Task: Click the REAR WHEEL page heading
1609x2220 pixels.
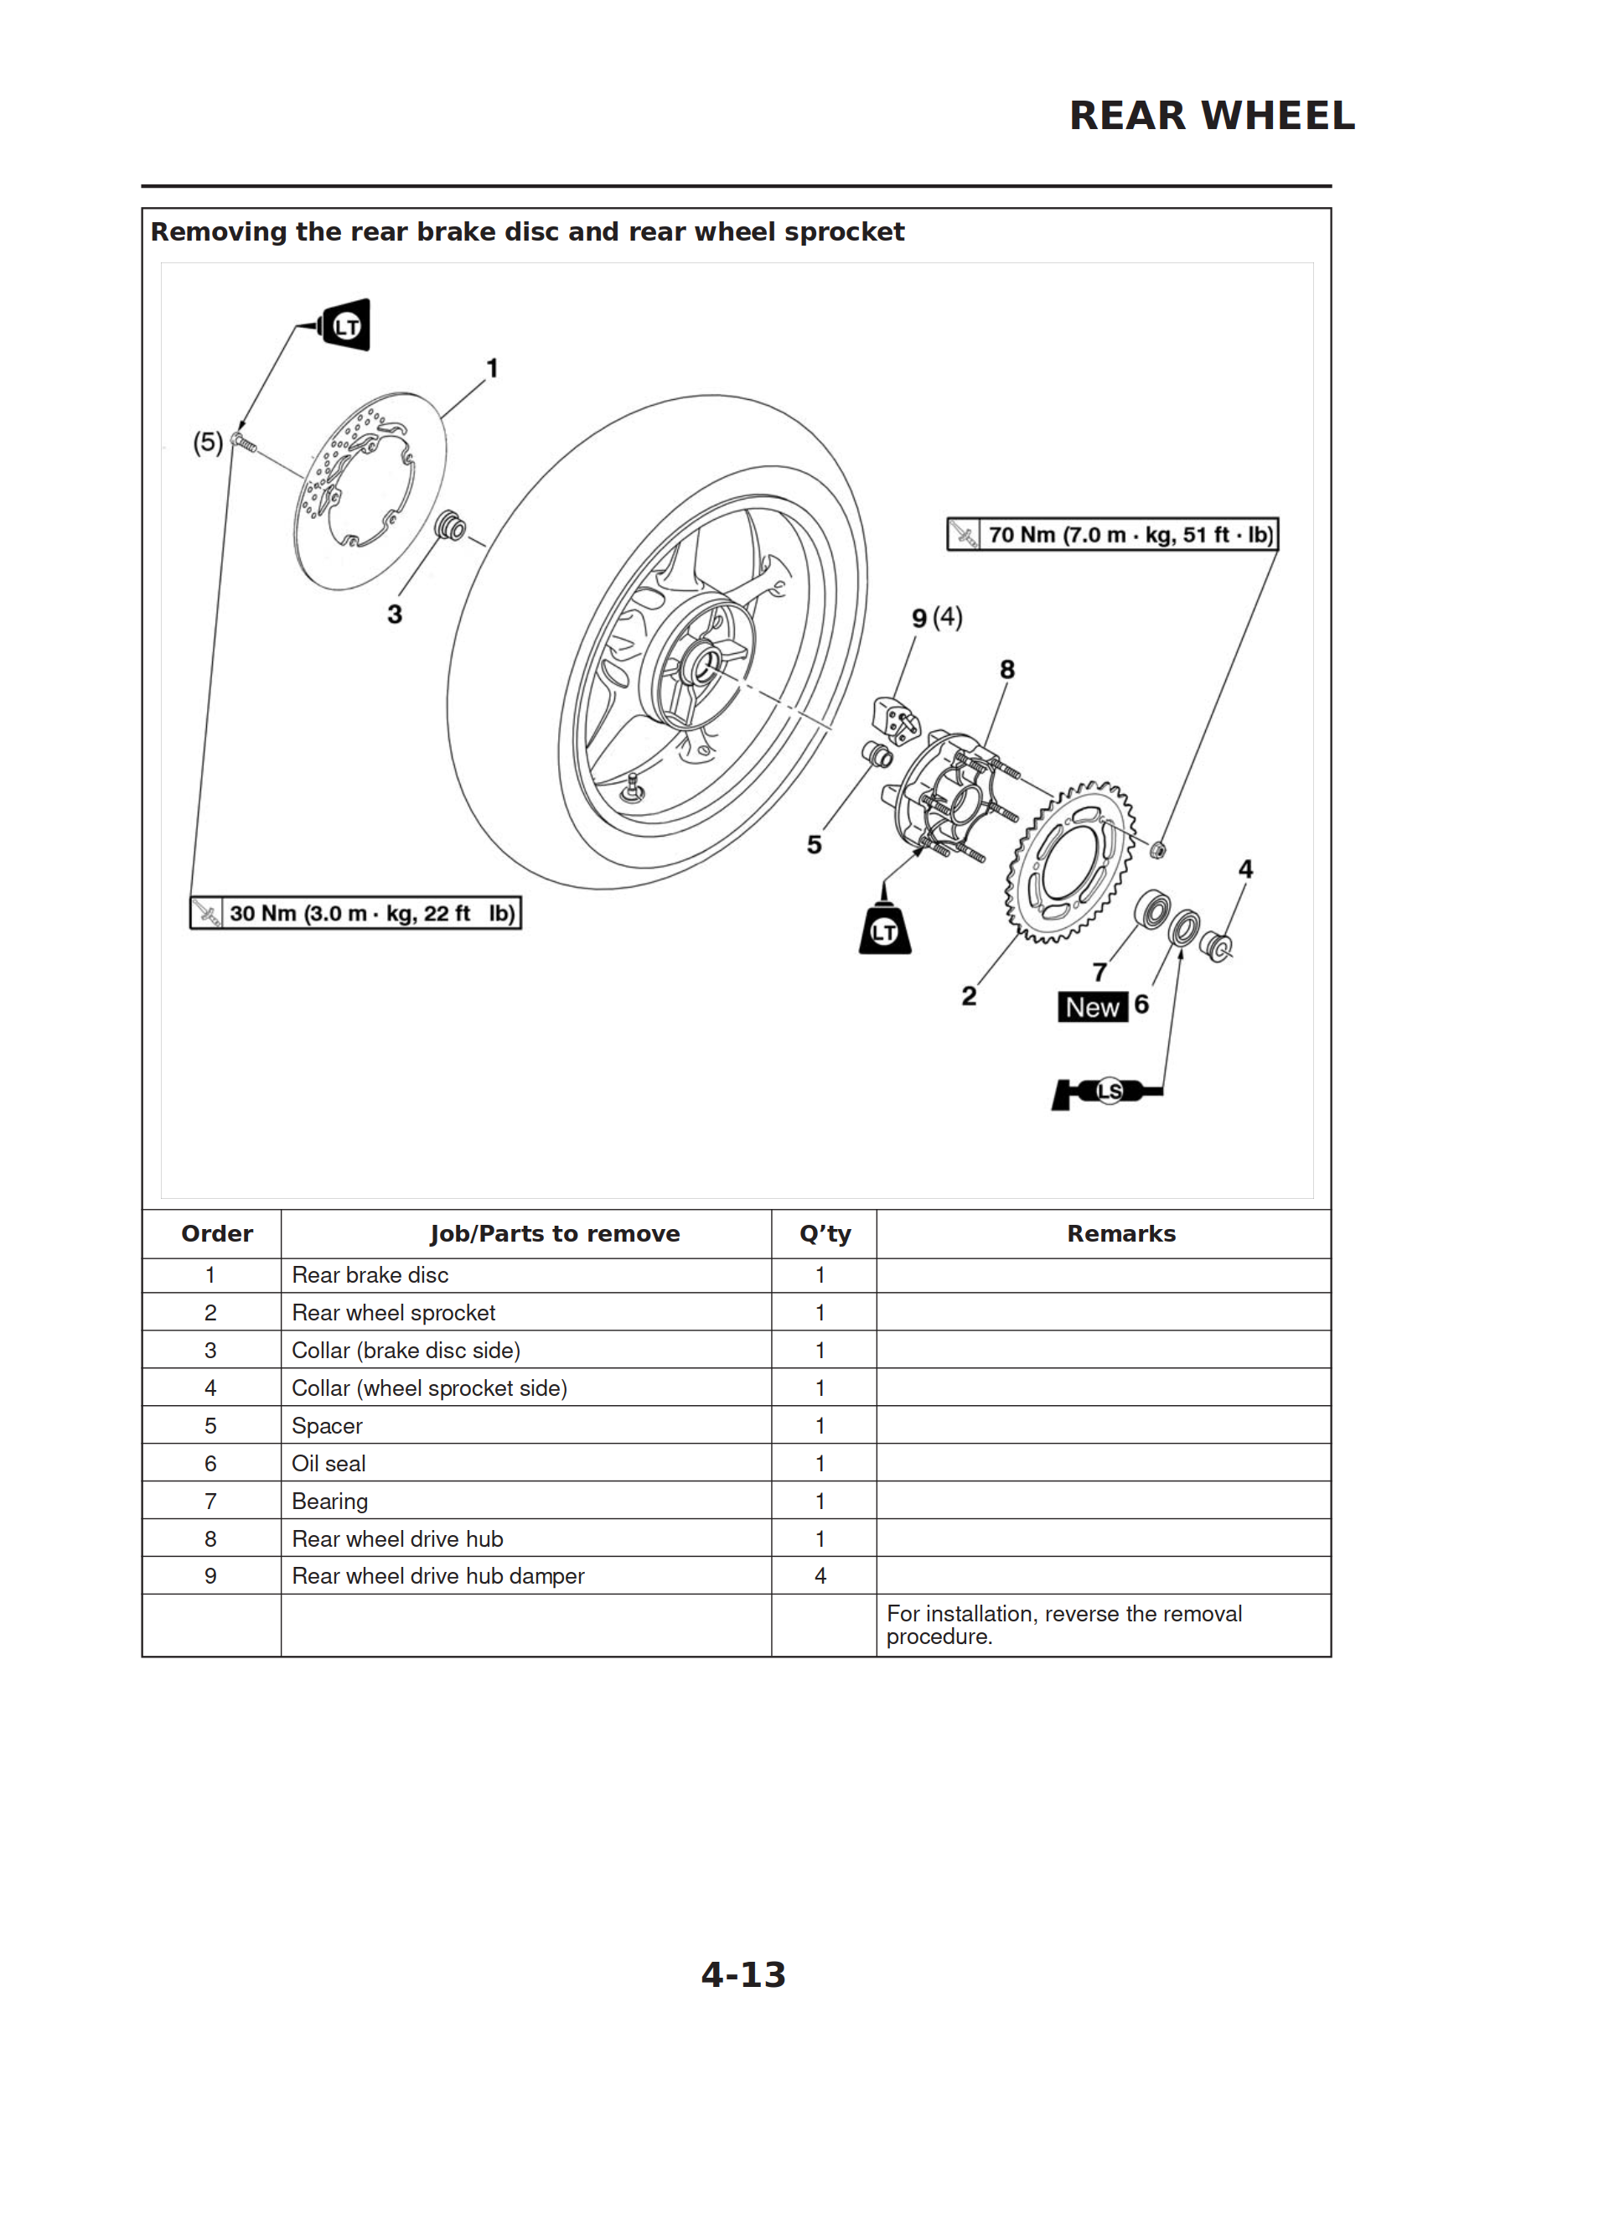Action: point(1211,116)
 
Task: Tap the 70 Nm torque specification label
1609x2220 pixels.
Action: point(1112,534)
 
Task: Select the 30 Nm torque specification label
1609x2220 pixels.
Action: point(355,913)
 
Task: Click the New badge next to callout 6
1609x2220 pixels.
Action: point(1091,1007)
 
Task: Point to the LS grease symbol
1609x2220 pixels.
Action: point(1107,1092)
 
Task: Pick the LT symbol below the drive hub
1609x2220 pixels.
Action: point(885,930)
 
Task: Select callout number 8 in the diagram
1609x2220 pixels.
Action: point(1007,670)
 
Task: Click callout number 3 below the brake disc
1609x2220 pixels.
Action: point(395,615)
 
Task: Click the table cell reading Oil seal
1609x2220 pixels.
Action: point(329,1463)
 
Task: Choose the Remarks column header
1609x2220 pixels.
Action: point(1120,1233)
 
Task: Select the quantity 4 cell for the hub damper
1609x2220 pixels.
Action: point(820,1576)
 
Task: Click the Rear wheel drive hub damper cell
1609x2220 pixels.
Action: point(437,1576)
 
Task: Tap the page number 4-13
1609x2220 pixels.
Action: point(742,1974)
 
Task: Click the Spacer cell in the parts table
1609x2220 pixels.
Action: point(327,1426)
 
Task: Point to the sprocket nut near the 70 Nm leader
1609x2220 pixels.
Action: point(1156,848)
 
